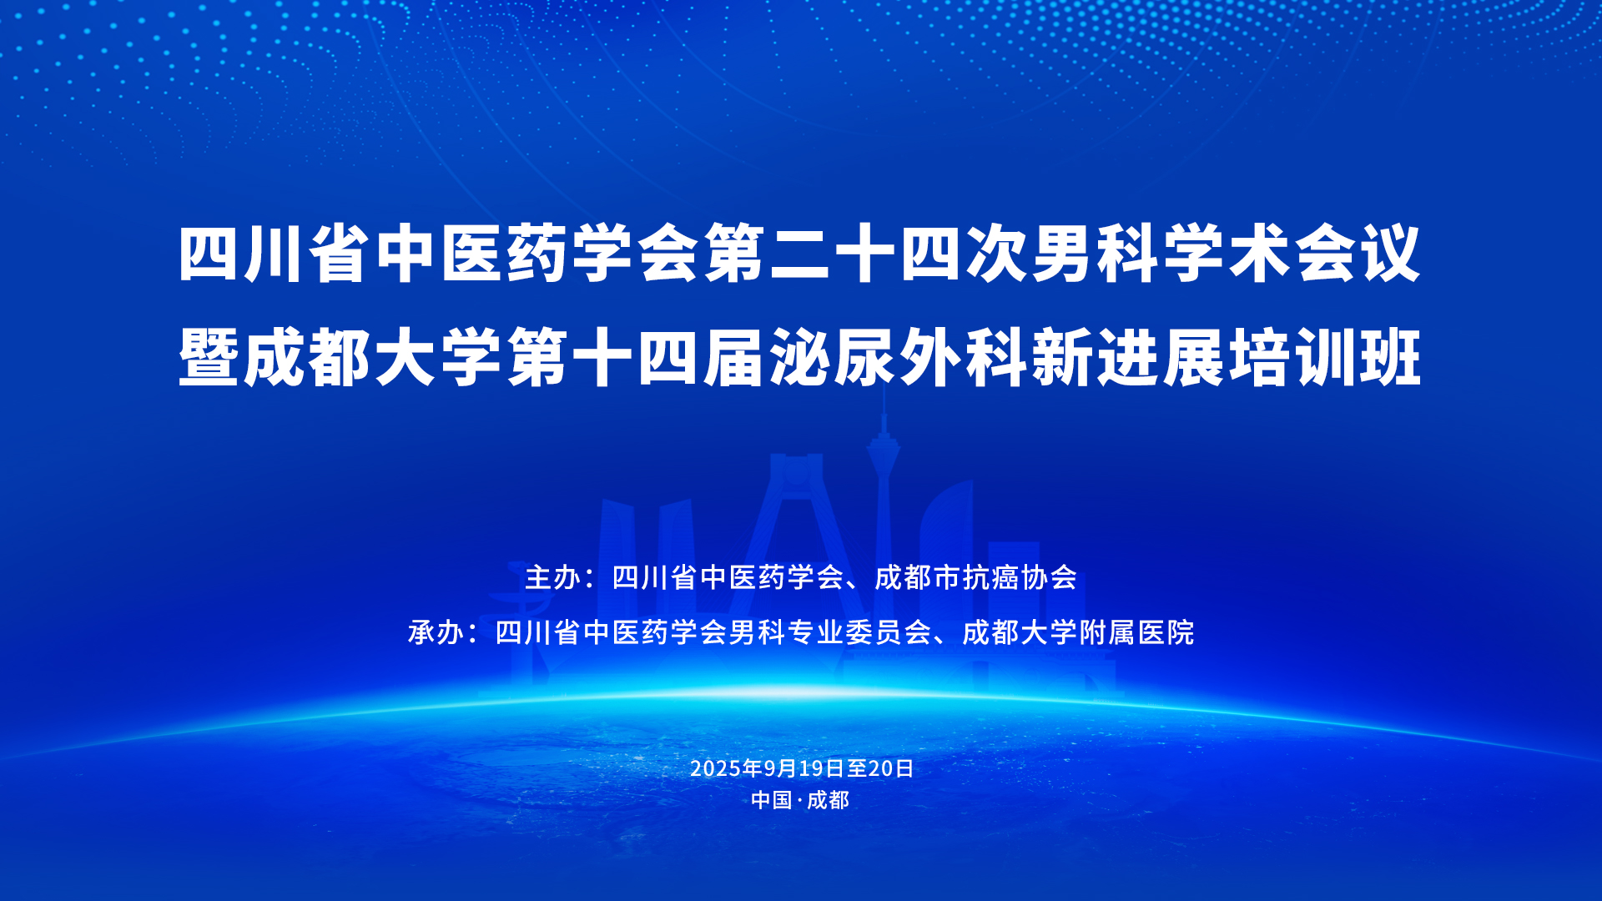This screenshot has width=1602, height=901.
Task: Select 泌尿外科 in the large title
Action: point(898,358)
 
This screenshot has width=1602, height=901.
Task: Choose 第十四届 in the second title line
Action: point(635,358)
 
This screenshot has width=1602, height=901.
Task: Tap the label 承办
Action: point(436,632)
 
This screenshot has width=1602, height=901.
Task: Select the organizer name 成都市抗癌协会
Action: point(975,577)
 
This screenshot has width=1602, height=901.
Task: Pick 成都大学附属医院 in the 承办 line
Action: point(1078,632)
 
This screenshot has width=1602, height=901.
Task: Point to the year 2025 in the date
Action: point(715,768)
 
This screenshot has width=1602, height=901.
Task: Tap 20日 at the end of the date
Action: point(891,768)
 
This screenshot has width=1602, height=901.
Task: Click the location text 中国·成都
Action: point(800,800)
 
